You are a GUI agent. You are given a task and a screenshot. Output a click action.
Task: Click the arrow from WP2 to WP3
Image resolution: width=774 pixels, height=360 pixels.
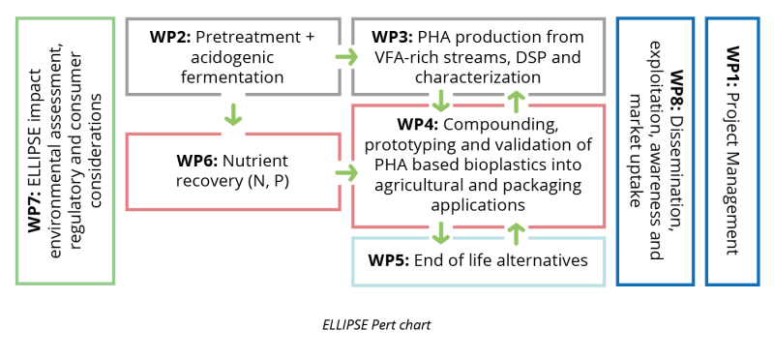(x=346, y=57)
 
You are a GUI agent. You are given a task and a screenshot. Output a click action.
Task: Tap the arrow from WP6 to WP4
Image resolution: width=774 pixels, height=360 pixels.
(x=346, y=173)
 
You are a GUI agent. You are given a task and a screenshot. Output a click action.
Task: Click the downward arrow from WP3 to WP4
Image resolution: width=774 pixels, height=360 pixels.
(x=441, y=101)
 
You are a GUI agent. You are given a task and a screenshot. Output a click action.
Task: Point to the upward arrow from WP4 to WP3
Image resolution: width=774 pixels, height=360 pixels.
(x=516, y=101)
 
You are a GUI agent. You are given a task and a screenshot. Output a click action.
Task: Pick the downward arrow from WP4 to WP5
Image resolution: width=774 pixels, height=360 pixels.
(x=441, y=233)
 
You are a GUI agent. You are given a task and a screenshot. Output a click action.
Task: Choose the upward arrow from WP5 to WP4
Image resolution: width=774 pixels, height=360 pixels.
(x=516, y=233)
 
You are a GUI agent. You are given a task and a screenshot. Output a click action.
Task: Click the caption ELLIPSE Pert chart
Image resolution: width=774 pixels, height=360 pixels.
(x=376, y=325)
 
